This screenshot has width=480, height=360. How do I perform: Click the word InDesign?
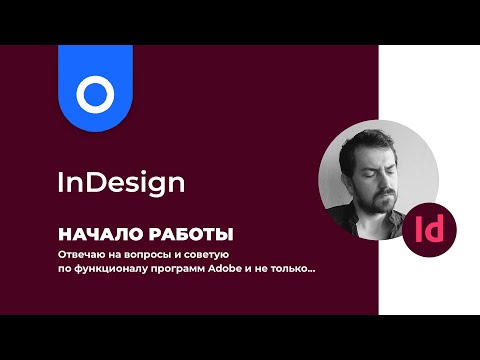point(120,184)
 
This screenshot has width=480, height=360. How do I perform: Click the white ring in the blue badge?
point(96,95)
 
